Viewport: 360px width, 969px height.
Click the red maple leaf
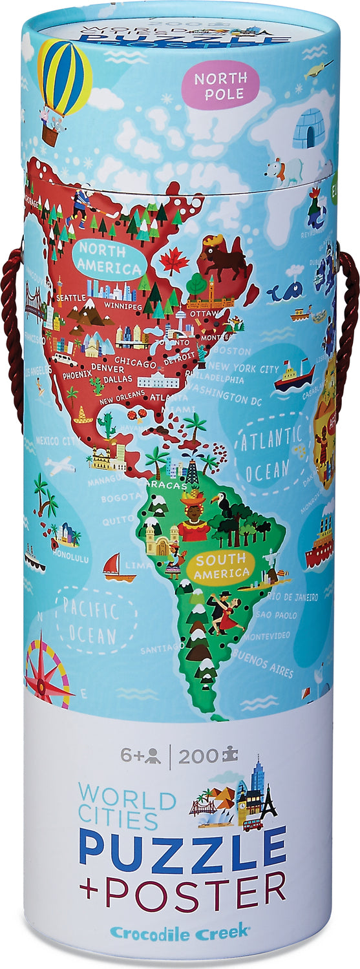[174, 260]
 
